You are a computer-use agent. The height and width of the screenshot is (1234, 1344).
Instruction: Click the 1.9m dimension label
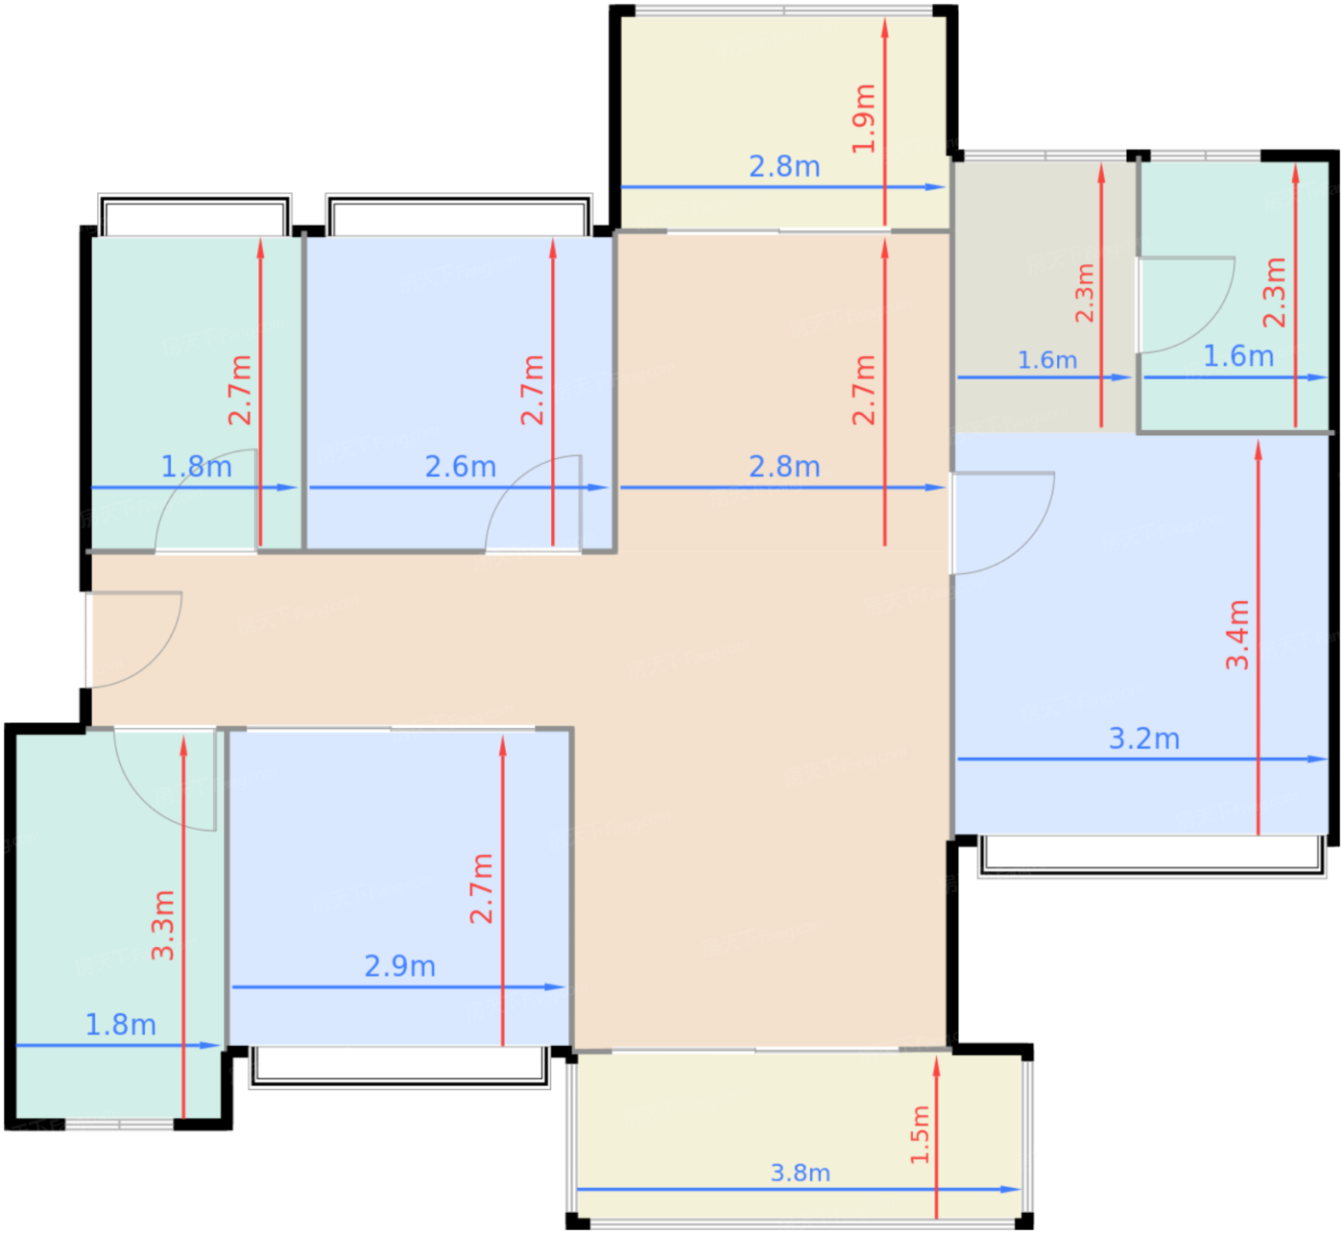tap(863, 119)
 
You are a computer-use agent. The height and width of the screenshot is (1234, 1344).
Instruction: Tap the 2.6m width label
tap(460, 467)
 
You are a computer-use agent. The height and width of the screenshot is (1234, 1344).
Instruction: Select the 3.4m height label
tap(1236, 635)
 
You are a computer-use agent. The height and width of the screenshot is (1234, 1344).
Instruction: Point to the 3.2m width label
tap(1143, 738)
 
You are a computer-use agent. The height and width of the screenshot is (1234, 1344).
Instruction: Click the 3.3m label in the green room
tap(163, 925)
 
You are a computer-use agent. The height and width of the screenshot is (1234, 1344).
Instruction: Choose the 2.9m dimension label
tap(400, 966)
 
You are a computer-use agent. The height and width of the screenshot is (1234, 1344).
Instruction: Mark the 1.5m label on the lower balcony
tap(920, 1134)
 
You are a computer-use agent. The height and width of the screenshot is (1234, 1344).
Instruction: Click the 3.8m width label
tap(800, 1173)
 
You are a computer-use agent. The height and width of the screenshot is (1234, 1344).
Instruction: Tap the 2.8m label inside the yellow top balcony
tap(784, 166)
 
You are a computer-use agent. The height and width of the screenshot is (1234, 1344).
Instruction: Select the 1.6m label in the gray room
tap(1047, 360)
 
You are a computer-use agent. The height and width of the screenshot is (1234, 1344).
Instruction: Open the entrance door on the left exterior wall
tap(134, 640)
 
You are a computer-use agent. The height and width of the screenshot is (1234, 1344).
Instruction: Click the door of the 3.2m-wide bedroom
tap(1002, 522)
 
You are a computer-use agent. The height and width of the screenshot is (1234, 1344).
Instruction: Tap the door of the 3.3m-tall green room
tap(165, 780)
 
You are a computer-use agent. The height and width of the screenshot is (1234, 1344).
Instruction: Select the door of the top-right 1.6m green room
tap(1186, 304)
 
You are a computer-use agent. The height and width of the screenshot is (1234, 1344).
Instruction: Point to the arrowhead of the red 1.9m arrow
tap(884, 28)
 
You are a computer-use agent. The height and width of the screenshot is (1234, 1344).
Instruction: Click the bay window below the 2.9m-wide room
tap(399, 1067)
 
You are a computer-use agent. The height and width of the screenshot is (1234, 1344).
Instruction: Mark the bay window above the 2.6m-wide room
tap(459, 214)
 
